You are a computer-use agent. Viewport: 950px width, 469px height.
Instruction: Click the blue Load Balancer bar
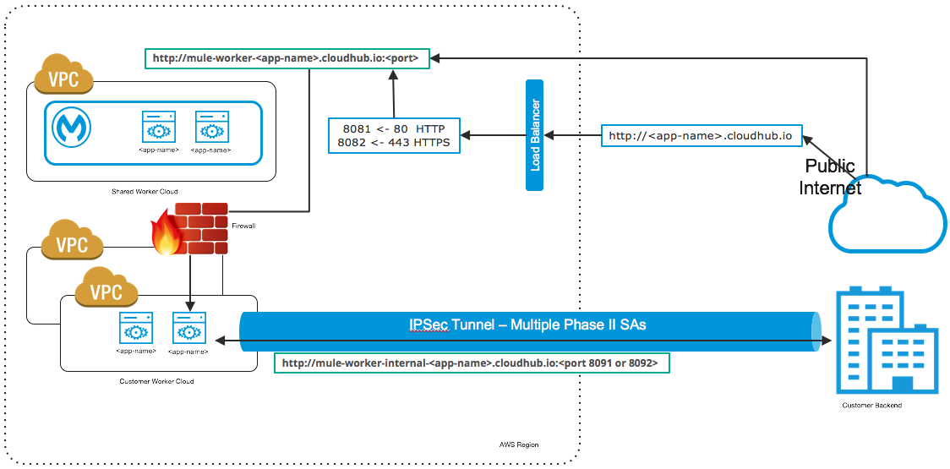pos(534,135)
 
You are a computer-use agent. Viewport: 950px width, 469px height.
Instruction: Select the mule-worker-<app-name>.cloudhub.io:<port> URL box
pos(287,58)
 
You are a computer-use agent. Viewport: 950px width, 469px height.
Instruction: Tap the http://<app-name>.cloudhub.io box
pos(702,135)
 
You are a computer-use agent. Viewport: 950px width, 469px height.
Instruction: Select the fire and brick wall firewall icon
pos(189,229)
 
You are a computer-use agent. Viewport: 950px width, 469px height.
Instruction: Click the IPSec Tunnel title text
pos(523,324)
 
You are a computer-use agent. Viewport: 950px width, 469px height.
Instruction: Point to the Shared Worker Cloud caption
pos(145,192)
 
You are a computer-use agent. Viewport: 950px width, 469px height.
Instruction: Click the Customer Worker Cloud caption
pos(156,382)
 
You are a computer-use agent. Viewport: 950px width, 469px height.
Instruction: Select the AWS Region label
pos(518,444)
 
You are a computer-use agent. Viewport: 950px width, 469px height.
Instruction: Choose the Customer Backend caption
pos(871,406)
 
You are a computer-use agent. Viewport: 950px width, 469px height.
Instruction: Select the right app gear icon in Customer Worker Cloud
pos(188,328)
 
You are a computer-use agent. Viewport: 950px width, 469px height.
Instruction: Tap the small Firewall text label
pos(243,226)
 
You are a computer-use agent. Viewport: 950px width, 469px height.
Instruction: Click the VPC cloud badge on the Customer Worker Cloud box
pos(106,291)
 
